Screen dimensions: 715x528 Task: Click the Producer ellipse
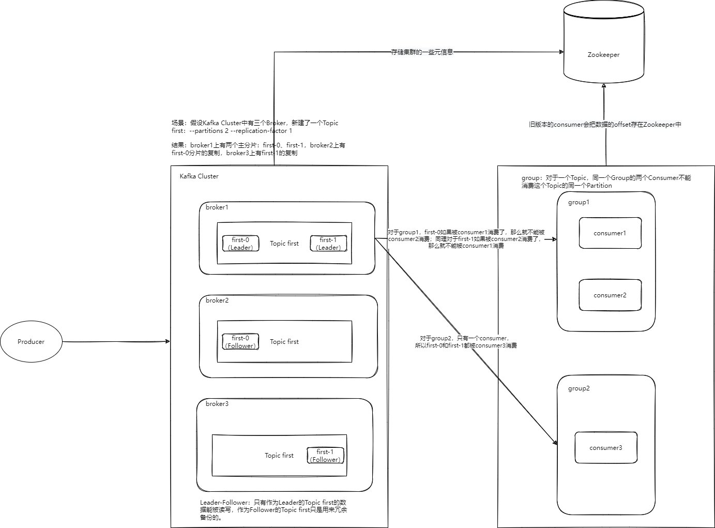[x=31, y=341]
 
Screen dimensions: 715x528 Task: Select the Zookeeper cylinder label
[x=603, y=55]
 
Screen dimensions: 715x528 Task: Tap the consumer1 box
[x=610, y=233]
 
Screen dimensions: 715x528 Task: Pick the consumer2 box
[x=610, y=295]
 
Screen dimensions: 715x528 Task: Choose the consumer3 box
[x=606, y=448]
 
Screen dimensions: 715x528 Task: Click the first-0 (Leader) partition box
[x=240, y=244]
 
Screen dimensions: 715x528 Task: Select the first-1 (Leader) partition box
[x=328, y=244]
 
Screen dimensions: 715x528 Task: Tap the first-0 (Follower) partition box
[x=240, y=342]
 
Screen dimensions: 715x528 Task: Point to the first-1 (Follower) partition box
[x=325, y=456]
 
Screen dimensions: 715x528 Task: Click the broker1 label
[x=217, y=207]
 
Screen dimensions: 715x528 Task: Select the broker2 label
[x=217, y=300]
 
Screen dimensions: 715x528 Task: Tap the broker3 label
[x=217, y=404]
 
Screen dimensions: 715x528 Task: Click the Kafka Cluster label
[x=199, y=176]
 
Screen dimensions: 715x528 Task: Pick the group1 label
[x=579, y=202]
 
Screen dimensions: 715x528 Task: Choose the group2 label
[x=579, y=388]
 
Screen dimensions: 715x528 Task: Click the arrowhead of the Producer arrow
[x=168, y=341]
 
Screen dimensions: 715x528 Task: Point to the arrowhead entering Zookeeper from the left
[x=561, y=52]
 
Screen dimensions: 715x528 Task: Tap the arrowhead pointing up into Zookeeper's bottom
[x=604, y=86]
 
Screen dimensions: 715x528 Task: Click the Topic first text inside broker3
[x=279, y=456]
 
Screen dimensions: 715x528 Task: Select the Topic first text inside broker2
[x=284, y=342]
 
